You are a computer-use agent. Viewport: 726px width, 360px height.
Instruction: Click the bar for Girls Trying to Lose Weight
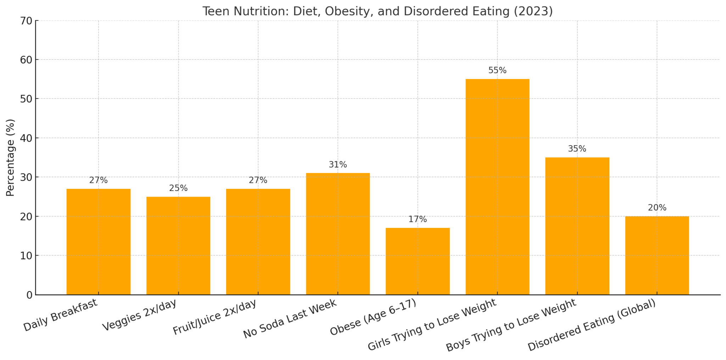click(x=497, y=187)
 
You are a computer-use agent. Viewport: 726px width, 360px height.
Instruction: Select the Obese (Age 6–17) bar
click(x=418, y=261)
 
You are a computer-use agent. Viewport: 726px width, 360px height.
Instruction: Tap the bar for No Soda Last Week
click(x=338, y=234)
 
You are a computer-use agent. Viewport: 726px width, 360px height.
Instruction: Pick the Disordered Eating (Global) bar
click(x=657, y=255)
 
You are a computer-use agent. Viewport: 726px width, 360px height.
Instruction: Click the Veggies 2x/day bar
click(x=178, y=246)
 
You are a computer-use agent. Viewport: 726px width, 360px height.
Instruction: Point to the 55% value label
click(x=497, y=71)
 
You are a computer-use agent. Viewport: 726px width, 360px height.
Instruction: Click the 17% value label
click(x=418, y=219)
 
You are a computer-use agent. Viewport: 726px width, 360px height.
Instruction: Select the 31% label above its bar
click(x=338, y=165)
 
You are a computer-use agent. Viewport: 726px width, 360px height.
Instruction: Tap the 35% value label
click(x=577, y=149)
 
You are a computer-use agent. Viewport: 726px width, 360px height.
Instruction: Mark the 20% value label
click(x=657, y=208)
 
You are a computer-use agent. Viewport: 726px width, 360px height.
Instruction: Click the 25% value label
click(x=178, y=188)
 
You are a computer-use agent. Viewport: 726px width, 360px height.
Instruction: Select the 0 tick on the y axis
click(x=29, y=295)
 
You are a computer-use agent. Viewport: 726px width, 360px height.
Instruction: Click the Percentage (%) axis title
click(x=11, y=158)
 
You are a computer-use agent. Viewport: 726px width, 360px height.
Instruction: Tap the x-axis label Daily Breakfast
click(x=60, y=315)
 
